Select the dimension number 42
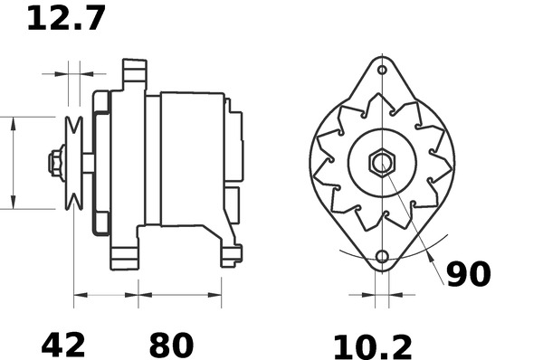pyautogui.click(x=63, y=344)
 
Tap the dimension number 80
pyautogui.click(x=171, y=344)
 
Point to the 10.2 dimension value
pyautogui.click(x=372, y=346)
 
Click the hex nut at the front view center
pyautogui.click(x=382, y=164)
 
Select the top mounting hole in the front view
pyautogui.click(x=382, y=71)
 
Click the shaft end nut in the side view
pyautogui.click(x=54, y=163)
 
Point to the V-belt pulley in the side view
pyautogui.click(x=74, y=163)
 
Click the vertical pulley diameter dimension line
pyautogui.click(x=13, y=163)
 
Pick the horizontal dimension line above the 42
pyautogui.click(x=106, y=294)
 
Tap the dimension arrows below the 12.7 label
pyautogui.click(x=74, y=71)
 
